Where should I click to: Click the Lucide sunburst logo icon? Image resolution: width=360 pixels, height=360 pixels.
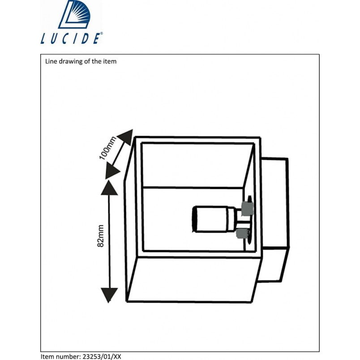(74, 14)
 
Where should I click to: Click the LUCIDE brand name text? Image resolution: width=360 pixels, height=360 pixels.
(70, 39)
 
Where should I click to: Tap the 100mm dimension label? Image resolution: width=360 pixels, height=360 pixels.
(107, 148)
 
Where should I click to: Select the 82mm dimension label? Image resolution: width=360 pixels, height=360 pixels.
(100, 236)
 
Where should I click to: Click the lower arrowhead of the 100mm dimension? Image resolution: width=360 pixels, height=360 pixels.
(111, 171)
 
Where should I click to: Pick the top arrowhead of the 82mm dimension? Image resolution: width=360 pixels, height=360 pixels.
(109, 188)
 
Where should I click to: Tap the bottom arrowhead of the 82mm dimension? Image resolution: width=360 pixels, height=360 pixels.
(109, 295)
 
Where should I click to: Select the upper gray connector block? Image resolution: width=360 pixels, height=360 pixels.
(247, 209)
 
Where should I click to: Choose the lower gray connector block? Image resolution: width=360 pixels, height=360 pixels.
(242, 234)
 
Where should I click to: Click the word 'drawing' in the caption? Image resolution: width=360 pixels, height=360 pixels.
(69, 61)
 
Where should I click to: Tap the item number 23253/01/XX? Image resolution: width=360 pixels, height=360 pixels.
(102, 356)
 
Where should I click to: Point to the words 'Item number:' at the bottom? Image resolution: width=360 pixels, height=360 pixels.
(60, 356)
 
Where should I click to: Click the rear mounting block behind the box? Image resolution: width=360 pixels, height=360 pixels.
(275, 219)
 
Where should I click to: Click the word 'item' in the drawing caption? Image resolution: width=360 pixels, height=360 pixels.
(110, 61)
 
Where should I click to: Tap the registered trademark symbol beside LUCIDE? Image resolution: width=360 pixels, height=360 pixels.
(102, 33)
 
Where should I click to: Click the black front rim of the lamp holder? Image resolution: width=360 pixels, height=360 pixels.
(194, 220)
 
